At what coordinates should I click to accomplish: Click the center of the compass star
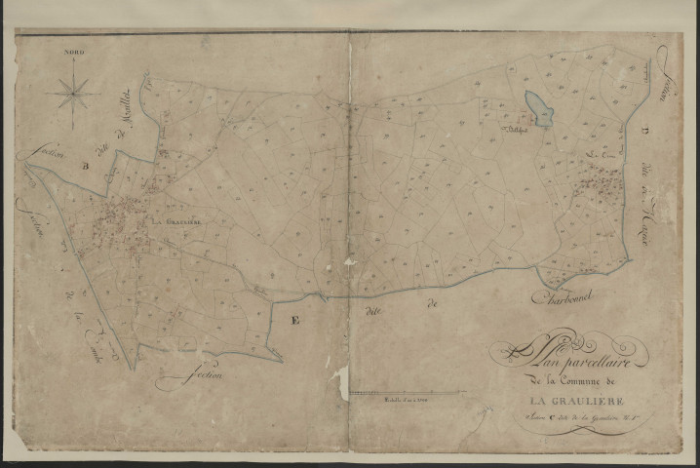click(74, 94)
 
